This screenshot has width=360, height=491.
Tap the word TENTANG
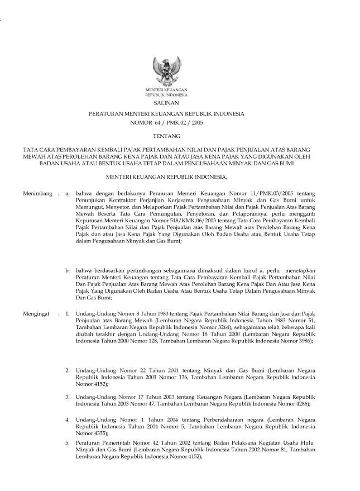click(x=166, y=135)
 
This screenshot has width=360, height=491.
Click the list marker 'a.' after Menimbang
click(x=68, y=193)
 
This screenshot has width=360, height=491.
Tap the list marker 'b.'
click(x=68, y=270)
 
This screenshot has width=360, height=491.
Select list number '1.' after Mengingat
click(x=68, y=313)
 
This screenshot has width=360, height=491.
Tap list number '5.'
click(x=68, y=443)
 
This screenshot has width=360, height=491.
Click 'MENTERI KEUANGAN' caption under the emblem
click(x=166, y=90)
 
